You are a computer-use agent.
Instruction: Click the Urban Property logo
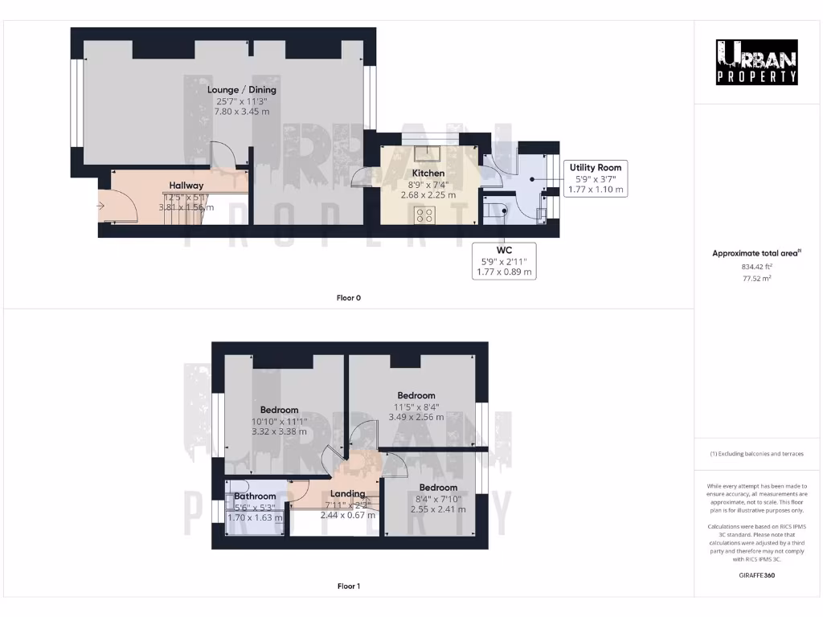click(757, 62)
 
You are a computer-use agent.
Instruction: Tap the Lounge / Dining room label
click(242, 90)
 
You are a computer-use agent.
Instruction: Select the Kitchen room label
click(428, 174)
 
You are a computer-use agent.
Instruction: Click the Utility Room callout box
click(596, 178)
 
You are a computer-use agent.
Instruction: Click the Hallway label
click(186, 186)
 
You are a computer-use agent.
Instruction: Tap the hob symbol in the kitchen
click(424, 215)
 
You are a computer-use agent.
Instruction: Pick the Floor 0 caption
click(348, 298)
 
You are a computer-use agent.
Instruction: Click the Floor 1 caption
click(348, 586)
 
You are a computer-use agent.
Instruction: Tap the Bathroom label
click(255, 496)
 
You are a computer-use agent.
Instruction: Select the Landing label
click(347, 493)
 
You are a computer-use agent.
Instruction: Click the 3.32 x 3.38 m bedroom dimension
click(279, 431)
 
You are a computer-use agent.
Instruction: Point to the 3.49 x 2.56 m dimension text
click(416, 417)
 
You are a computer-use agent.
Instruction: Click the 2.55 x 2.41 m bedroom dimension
click(438, 509)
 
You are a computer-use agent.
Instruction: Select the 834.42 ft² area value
click(757, 266)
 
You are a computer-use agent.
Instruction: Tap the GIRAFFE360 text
click(757, 575)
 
